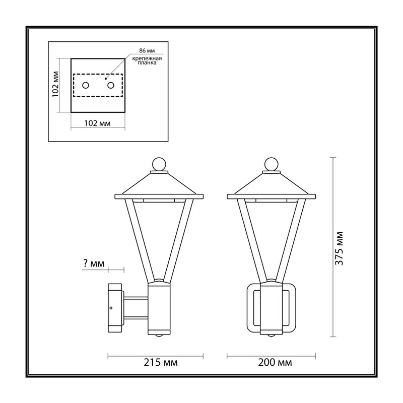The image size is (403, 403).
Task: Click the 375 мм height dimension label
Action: point(339,248)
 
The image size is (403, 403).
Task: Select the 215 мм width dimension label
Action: point(160,362)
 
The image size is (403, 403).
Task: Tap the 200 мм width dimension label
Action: point(275,362)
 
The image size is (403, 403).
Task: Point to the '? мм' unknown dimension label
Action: point(94,263)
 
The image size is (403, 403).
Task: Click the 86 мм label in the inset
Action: point(147,51)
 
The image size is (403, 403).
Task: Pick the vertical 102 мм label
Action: point(56,84)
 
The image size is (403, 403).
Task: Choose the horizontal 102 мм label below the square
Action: point(97,123)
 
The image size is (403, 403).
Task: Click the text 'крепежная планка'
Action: point(147,60)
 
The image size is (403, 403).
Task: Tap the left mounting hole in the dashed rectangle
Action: point(86,85)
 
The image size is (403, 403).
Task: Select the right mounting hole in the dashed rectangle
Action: point(111,85)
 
